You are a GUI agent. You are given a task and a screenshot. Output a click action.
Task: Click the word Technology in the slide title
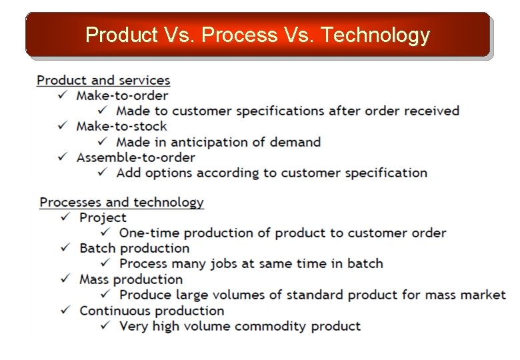(x=375, y=34)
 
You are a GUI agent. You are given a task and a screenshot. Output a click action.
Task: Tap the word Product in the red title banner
(x=121, y=34)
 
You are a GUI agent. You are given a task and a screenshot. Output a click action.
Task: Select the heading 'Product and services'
(x=103, y=80)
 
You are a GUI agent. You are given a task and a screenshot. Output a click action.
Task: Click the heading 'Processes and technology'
(x=121, y=202)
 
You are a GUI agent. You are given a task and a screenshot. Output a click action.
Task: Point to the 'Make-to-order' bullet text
(x=122, y=95)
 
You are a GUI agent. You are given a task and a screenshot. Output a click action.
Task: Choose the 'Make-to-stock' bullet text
(x=121, y=126)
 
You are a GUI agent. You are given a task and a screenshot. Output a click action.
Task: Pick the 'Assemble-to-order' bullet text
(x=135, y=157)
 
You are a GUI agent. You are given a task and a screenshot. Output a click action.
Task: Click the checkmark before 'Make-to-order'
(x=62, y=95)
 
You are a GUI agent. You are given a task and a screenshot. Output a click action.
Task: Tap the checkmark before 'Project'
(x=65, y=217)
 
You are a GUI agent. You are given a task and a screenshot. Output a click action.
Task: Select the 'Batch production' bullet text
(x=134, y=248)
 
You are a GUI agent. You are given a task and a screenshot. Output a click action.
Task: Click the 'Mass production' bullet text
(x=131, y=279)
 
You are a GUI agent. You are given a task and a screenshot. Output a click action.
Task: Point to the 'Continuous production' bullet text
(x=151, y=311)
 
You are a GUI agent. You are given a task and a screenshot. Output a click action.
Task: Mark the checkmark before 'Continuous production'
(x=65, y=311)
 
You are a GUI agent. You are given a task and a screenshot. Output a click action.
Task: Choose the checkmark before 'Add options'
(x=103, y=173)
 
